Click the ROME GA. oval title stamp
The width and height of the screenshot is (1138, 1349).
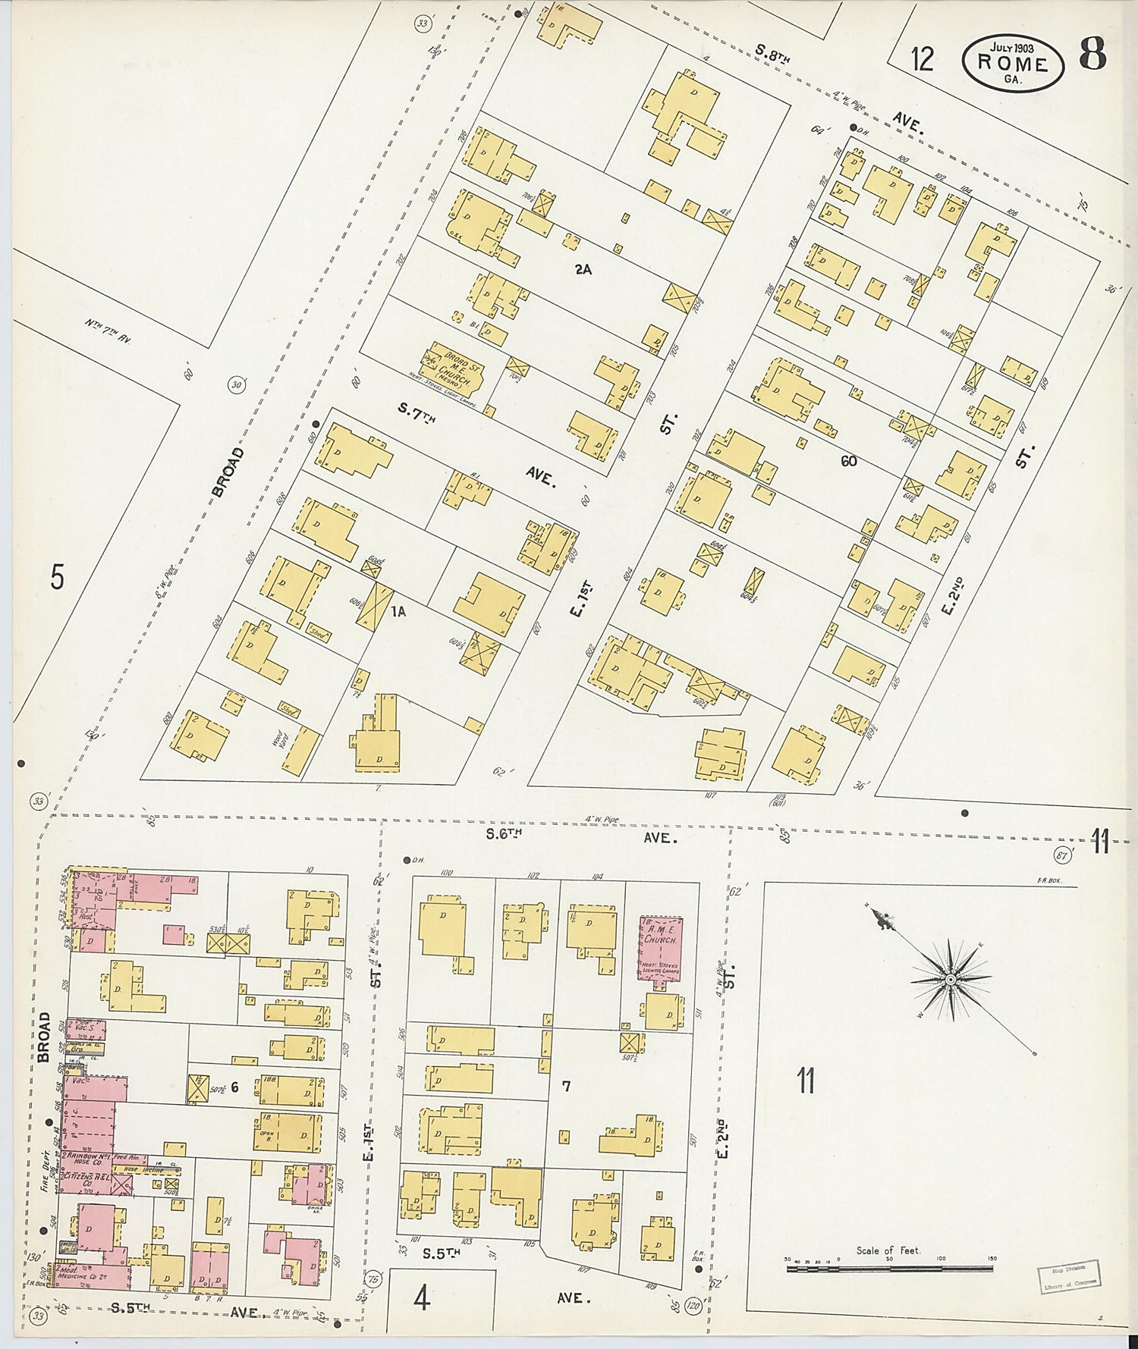[1012, 62]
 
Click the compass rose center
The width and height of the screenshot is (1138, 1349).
[951, 980]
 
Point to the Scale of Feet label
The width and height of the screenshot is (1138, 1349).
[888, 1250]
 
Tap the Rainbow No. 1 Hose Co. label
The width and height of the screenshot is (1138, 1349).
[86, 1159]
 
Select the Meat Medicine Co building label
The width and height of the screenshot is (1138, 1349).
[79, 1273]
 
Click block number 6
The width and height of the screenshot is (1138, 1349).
[234, 1087]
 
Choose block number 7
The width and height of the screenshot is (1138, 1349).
[566, 1086]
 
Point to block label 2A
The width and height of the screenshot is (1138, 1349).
[583, 268]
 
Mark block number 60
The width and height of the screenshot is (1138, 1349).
[848, 460]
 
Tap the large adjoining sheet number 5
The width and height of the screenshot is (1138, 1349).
[57, 578]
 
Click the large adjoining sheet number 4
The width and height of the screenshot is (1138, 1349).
[422, 1298]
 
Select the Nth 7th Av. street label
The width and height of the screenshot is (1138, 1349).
[108, 331]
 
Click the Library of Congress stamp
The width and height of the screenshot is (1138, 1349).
[1069, 1276]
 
